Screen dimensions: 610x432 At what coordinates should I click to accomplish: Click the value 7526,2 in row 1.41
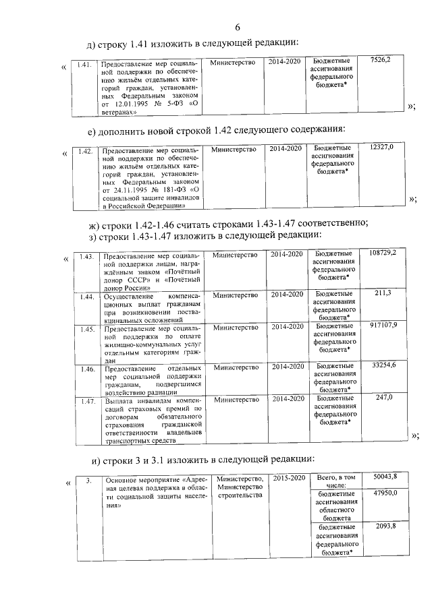tap(385, 61)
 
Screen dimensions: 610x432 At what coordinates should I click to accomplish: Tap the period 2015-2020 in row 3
tap(290, 478)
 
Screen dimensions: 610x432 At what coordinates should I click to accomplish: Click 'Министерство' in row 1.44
tap(236, 295)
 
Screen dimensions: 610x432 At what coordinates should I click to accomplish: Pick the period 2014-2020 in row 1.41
tap(284, 62)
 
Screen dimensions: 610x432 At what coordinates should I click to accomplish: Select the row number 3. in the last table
tap(88, 481)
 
